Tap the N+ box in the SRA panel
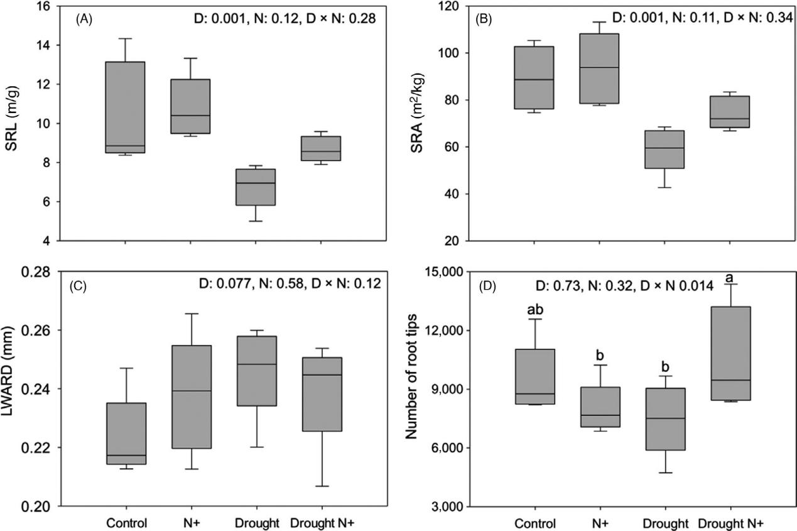coord(599,68)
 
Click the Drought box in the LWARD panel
coord(255,371)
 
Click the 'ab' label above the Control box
coord(536,309)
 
